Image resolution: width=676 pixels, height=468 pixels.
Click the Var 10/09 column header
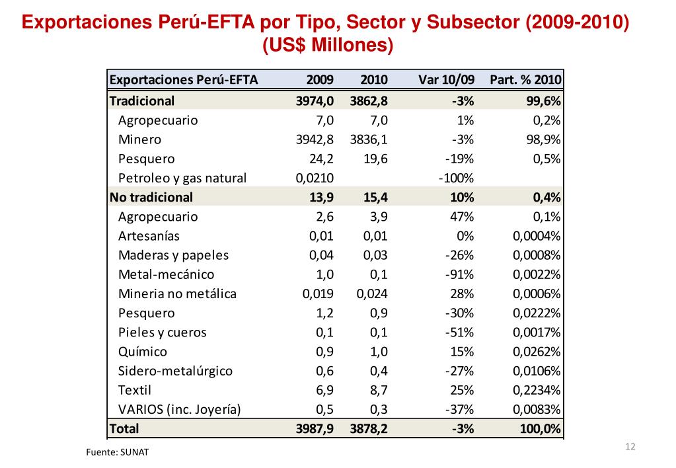point(446,81)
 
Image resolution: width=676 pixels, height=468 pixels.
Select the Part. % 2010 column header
point(525,81)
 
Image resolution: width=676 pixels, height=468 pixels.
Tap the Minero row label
point(139,139)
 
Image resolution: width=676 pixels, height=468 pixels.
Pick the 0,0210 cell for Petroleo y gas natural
point(315,178)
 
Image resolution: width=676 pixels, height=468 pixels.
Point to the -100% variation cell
point(456,178)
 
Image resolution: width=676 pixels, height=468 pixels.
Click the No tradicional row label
point(151,197)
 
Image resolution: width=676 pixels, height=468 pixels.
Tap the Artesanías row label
point(149,236)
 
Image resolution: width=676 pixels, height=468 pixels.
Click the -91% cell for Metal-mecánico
point(460,274)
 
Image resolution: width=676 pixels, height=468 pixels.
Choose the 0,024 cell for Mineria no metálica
point(372,293)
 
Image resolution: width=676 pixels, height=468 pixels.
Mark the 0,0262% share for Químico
point(537,352)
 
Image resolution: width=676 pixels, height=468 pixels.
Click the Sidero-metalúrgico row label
point(175,371)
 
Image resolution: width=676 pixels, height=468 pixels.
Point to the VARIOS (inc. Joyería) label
point(179,409)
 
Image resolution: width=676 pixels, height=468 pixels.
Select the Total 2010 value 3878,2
point(369,428)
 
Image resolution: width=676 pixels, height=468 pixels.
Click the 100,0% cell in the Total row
point(540,428)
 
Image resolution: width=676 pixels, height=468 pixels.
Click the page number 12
point(629,448)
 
